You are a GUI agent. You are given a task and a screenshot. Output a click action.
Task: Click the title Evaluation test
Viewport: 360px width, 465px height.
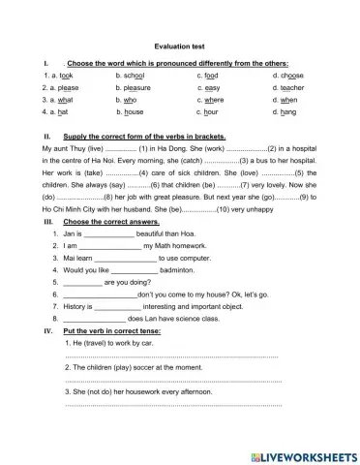pyautogui.click(x=179, y=46)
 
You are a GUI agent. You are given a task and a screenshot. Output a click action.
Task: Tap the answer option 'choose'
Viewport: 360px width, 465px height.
pyautogui.click(x=288, y=74)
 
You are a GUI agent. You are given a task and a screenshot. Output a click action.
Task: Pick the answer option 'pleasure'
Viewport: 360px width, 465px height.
pyautogui.click(x=137, y=86)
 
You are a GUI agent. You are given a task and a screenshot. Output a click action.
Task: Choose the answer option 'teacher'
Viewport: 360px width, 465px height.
pyautogui.click(x=288, y=86)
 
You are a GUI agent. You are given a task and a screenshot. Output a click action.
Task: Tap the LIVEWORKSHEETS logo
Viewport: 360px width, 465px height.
pyautogui.click(x=303, y=455)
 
